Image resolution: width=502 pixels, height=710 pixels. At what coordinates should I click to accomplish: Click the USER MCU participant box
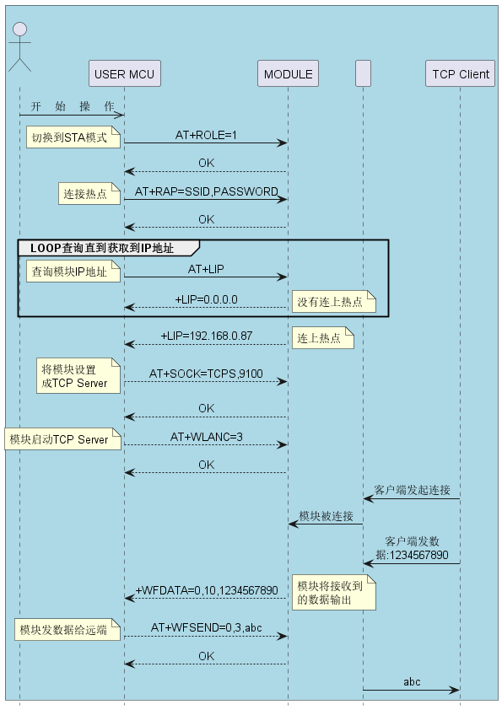pos(125,73)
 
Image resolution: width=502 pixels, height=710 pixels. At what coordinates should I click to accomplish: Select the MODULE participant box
pos(289,73)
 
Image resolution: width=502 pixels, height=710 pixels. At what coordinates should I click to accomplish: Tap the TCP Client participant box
pos(460,73)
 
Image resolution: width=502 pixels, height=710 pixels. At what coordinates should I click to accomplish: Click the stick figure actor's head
pos(19,30)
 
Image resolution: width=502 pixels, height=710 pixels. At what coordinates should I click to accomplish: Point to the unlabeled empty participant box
pos(363,73)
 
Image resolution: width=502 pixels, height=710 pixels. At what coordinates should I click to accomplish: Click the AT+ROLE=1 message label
pos(206,135)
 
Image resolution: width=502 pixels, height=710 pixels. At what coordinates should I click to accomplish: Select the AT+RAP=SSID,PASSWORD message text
pos(207,191)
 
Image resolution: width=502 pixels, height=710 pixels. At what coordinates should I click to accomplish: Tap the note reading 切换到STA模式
pos(73,137)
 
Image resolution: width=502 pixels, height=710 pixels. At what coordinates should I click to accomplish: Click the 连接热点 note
pos(89,194)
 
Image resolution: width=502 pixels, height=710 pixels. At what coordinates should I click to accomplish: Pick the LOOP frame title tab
pos(109,248)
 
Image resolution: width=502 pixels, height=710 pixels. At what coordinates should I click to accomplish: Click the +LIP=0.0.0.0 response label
pos(206,299)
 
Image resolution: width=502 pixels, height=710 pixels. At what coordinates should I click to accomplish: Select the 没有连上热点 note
pos(334,302)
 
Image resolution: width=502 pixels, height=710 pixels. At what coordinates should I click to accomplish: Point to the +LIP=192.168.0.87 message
pos(206,336)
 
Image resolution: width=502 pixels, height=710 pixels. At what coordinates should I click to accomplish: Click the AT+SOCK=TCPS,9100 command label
pos(206,374)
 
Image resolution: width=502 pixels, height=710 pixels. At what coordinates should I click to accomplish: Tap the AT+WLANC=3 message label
pos(206,437)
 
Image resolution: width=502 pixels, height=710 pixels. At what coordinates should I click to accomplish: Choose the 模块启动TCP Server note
pos(63,438)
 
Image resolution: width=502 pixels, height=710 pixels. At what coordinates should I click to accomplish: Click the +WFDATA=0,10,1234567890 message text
pos(207,590)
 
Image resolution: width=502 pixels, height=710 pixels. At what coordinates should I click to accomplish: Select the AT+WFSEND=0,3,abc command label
pos(206,627)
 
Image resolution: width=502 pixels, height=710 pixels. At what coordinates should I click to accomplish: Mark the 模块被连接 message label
pos(327,516)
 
